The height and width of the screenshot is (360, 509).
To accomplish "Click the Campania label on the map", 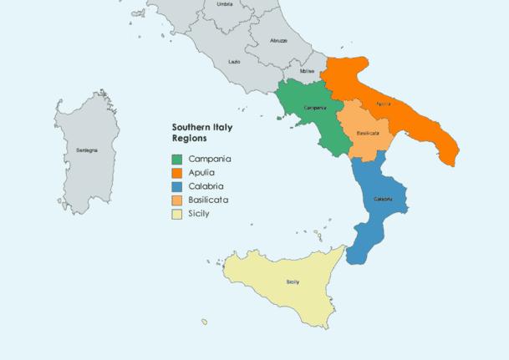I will click(314, 109).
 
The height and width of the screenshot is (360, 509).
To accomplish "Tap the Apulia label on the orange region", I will click(384, 104).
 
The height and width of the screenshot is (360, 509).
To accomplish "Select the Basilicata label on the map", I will click(369, 133).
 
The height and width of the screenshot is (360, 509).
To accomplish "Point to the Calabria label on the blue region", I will click(383, 199).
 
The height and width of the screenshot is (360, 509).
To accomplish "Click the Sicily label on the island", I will click(293, 281).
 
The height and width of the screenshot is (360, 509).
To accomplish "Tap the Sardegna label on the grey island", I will click(87, 150).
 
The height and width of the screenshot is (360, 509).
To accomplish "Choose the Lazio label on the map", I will click(235, 62).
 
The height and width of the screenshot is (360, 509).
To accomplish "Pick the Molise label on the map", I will click(306, 72).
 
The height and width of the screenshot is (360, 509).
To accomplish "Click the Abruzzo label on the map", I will click(278, 40).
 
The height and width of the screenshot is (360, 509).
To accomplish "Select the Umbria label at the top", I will click(225, 5).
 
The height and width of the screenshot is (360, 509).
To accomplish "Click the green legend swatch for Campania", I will click(177, 159).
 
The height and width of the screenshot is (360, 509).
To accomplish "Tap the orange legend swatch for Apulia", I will click(177, 173).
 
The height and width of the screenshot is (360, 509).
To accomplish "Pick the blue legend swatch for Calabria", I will click(177, 186).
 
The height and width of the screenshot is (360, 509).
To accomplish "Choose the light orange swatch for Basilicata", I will click(177, 200).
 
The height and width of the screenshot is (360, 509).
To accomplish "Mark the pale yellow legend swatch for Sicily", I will click(177, 214).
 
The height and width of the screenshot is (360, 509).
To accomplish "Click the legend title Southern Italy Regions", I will click(202, 132).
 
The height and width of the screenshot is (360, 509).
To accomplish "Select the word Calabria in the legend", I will click(206, 186).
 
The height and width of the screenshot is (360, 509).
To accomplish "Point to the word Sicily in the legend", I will click(199, 214).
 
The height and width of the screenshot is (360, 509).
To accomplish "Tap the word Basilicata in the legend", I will click(209, 200).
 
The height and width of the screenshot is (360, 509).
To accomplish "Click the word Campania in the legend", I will click(210, 159).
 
